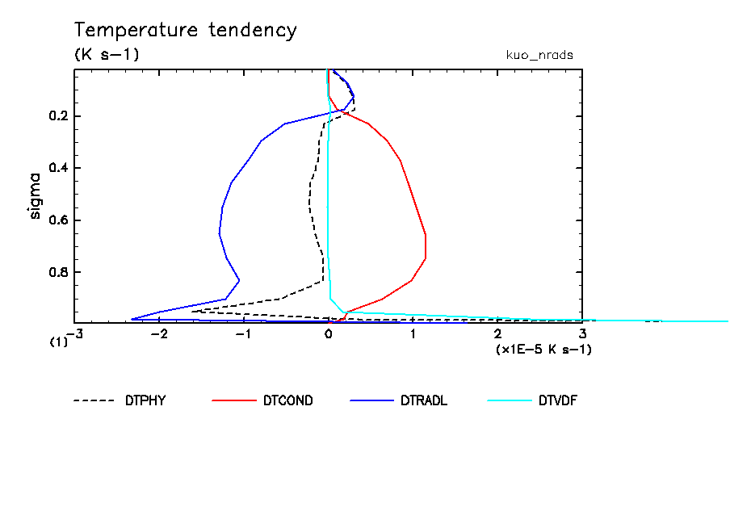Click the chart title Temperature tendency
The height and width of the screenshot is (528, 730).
click(x=186, y=31)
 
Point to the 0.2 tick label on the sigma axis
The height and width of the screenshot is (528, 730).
click(x=58, y=116)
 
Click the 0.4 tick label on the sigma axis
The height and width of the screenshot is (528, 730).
click(x=58, y=168)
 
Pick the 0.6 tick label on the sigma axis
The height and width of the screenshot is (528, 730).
click(x=58, y=220)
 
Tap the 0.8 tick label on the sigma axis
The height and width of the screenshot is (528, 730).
click(x=58, y=272)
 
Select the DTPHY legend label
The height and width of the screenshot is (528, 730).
click(x=145, y=400)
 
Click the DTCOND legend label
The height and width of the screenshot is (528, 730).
click(x=288, y=400)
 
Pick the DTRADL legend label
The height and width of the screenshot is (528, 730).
click(x=424, y=400)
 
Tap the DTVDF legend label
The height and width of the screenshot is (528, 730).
click(x=558, y=400)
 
